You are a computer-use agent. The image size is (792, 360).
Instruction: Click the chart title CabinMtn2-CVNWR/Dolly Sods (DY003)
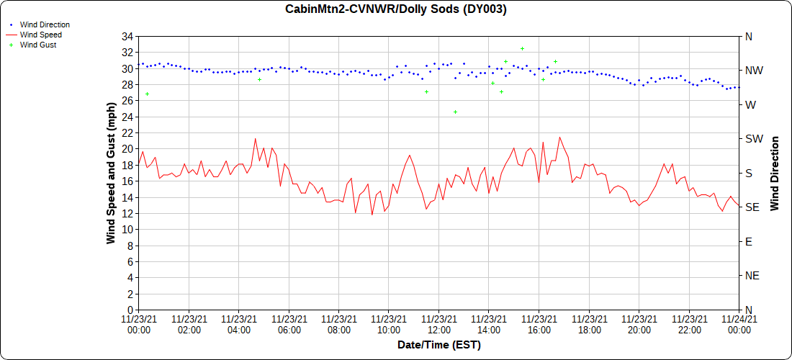(x=396, y=9)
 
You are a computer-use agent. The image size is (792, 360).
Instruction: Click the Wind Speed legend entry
(x=40, y=35)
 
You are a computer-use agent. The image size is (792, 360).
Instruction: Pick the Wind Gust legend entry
(x=38, y=45)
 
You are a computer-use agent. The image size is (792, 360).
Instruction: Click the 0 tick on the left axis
(x=131, y=310)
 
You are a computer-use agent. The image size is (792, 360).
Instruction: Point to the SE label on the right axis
(x=752, y=207)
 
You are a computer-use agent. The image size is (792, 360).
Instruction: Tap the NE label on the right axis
(x=752, y=276)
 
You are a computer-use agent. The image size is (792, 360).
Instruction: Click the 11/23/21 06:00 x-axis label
(x=289, y=324)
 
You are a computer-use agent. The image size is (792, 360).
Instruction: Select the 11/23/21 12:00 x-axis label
(x=438, y=324)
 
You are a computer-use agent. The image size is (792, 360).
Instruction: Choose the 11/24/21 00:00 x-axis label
(x=739, y=324)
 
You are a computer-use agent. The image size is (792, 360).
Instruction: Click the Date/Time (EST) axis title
(x=438, y=345)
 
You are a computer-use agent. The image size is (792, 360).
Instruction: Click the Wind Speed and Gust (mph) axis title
(x=111, y=173)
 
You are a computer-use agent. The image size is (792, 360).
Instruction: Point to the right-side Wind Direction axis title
(x=775, y=173)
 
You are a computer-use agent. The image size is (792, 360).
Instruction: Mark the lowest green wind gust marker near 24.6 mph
(x=455, y=112)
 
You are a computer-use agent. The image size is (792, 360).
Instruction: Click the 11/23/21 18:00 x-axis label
(x=589, y=324)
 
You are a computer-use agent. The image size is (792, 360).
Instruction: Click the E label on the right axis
(x=748, y=242)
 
